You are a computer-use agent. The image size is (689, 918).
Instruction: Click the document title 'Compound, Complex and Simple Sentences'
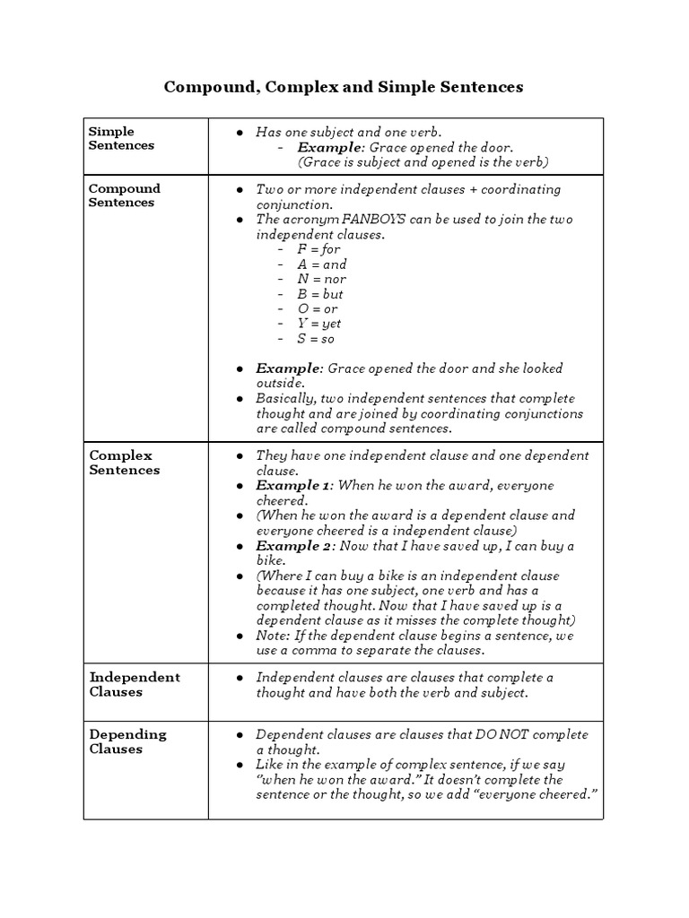click(x=344, y=87)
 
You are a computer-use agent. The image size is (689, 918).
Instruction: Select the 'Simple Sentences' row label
click(x=121, y=138)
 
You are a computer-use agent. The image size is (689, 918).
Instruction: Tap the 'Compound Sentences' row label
click(x=124, y=195)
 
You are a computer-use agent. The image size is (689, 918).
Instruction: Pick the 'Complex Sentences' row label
click(x=124, y=463)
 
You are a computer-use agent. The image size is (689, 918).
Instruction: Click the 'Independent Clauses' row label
click(x=134, y=684)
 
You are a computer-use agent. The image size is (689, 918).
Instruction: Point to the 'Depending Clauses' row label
click(x=127, y=741)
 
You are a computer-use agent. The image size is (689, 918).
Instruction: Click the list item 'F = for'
click(x=319, y=249)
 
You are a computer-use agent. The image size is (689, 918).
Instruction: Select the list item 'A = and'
click(x=322, y=264)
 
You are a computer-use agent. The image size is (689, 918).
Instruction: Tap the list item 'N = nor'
click(x=321, y=279)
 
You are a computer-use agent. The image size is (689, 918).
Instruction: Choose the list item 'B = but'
click(x=320, y=294)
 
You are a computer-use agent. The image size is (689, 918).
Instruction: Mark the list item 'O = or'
click(x=318, y=308)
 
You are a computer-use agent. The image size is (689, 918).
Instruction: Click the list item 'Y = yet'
click(x=319, y=324)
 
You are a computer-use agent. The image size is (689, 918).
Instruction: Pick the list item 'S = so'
click(x=316, y=339)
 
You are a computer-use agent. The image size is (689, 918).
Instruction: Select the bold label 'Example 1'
click(x=294, y=485)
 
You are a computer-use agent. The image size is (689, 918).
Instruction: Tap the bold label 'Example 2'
click(x=295, y=545)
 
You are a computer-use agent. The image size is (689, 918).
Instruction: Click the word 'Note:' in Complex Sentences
click(x=274, y=635)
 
